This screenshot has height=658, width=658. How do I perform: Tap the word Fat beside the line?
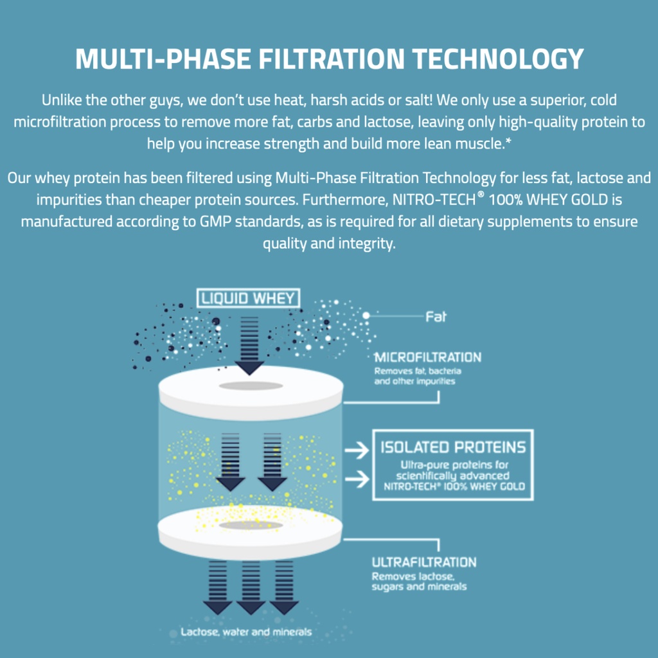point(436,316)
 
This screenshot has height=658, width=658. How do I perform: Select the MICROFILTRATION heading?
point(427,357)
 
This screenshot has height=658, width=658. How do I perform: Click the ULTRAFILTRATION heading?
point(424,562)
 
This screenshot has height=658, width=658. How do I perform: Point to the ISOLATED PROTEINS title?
point(453,447)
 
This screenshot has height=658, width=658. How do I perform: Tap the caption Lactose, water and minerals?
point(246,632)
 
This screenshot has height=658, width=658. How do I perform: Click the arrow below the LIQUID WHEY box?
point(249,344)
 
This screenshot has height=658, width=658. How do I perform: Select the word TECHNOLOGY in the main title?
point(497,59)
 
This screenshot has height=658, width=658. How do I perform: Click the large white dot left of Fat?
point(366,316)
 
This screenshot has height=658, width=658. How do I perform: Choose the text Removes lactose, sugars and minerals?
point(419,582)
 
